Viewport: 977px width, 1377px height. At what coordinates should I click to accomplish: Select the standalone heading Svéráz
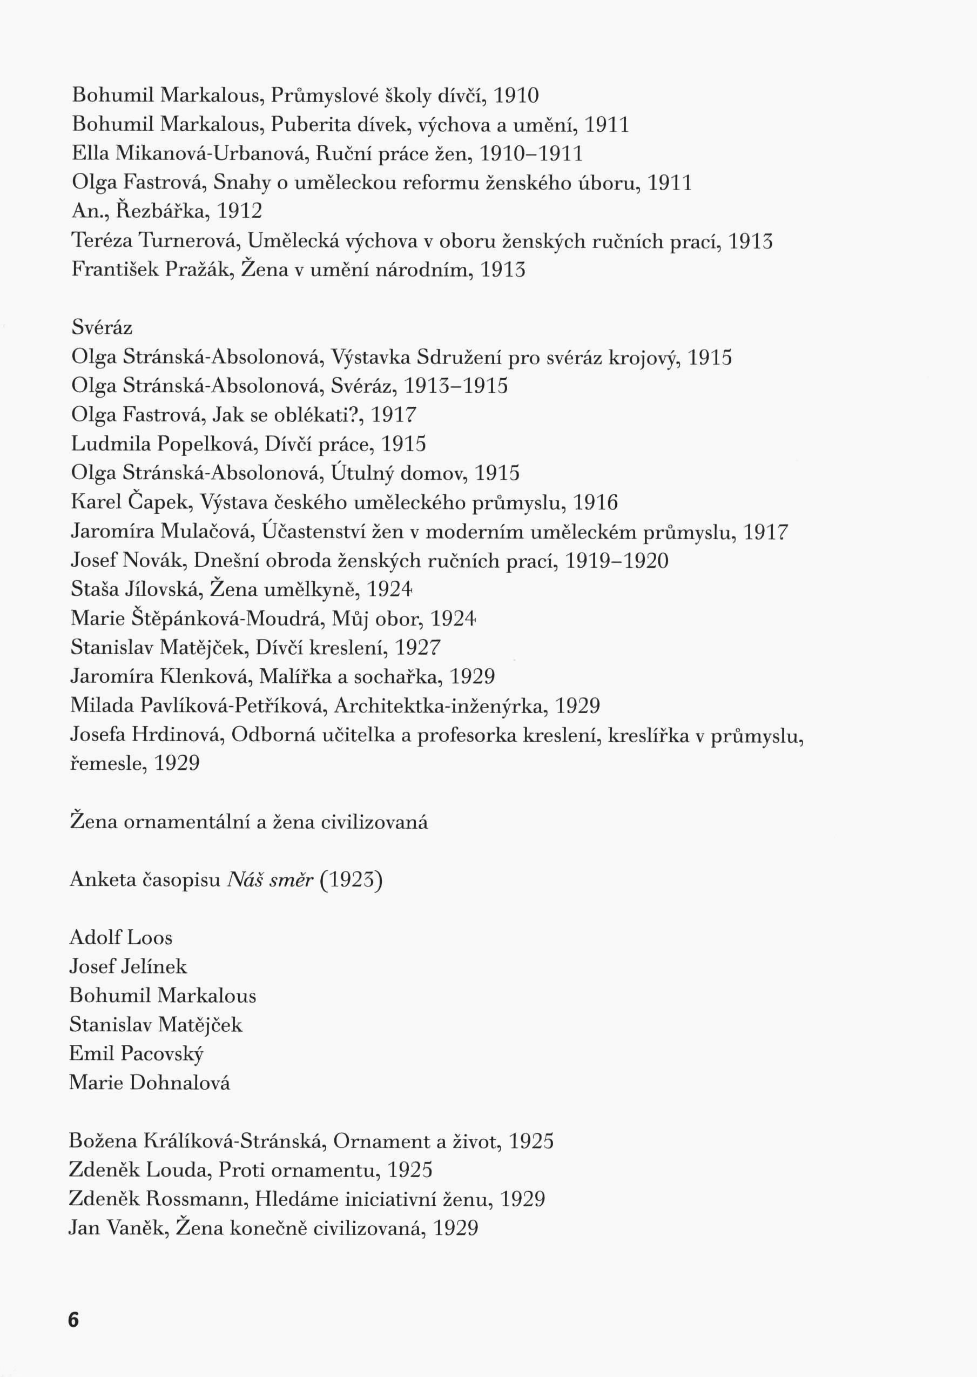[x=102, y=328]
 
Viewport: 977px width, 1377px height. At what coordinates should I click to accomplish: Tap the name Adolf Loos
[x=121, y=937]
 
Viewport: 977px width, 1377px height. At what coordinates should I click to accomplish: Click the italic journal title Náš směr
[x=270, y=879]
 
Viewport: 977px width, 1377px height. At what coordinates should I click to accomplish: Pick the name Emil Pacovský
[x=137, y=1053]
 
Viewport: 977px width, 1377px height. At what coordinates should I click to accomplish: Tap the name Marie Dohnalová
[x=150, y=1083]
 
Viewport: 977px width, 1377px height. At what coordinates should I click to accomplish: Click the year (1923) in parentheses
[x=352, y=879]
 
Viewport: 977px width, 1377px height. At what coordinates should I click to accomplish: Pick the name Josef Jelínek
[x=128, y=966]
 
